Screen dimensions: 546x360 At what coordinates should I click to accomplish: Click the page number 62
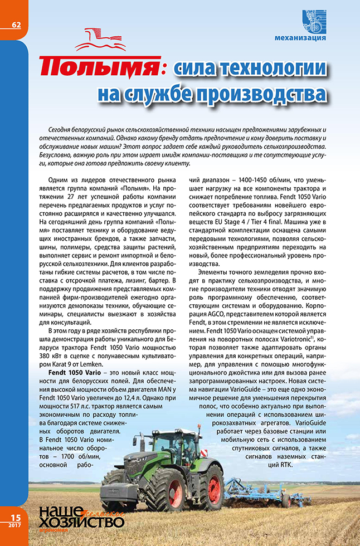[15, 24]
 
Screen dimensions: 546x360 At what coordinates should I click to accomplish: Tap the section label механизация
[301, 38]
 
